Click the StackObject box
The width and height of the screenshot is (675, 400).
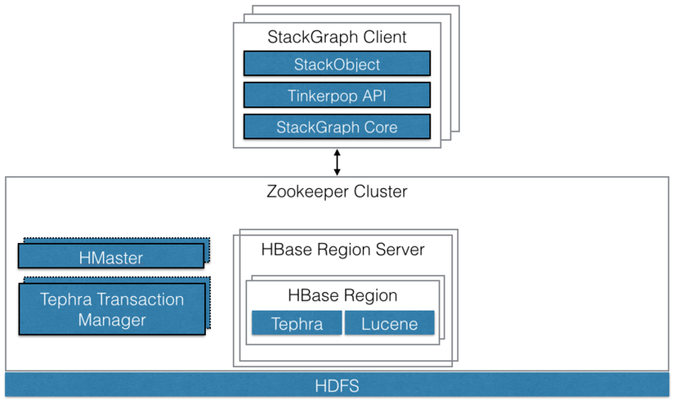pyautogui.click(x=337, y=64)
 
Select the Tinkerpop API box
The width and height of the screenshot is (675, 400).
pyautogui.click(x=337, y=95)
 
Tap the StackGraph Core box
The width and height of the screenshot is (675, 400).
pyautogui.click(x=337, y=127)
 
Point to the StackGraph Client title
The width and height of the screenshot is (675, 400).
pyautogui.click(x=337, y=37)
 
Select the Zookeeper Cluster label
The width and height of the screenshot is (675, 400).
pyautogui.click(x=337, y=192)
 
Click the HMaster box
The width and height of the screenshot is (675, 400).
pyautogui.click(x=111, y=256)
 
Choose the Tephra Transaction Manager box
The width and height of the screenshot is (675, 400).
pyautogui.click(x=111, y=310)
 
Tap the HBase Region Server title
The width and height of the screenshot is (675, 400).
pyautogui.click(x=343, y=250)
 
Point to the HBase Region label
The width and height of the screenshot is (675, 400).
pyautogui.click(x=343, y=296)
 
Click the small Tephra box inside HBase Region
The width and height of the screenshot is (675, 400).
pyautogui.click(x=296, y=324)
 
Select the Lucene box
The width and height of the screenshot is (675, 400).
pyautogui.click(x=389, y=324)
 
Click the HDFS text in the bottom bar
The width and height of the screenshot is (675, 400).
pyautogui.click(x=337, y=386)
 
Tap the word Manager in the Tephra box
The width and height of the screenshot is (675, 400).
pyautogui.click(x=111, y=320)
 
